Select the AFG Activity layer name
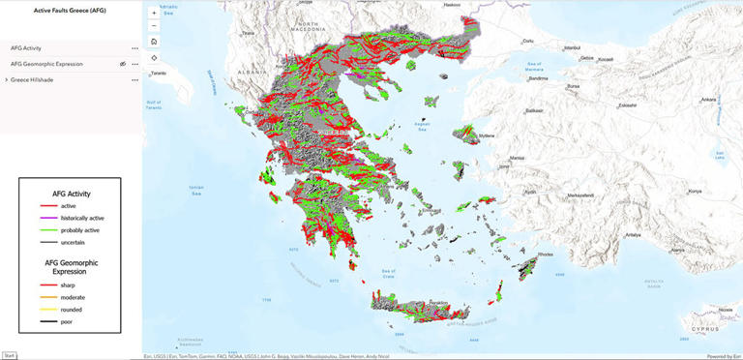26,47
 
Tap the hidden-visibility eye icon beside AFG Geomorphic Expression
122,64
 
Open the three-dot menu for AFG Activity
134,47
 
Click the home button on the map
154,42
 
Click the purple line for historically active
45,218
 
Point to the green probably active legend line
45,230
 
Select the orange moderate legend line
45,297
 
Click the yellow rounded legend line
45,309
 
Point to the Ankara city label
709,99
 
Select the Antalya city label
633,234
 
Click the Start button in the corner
9,355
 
